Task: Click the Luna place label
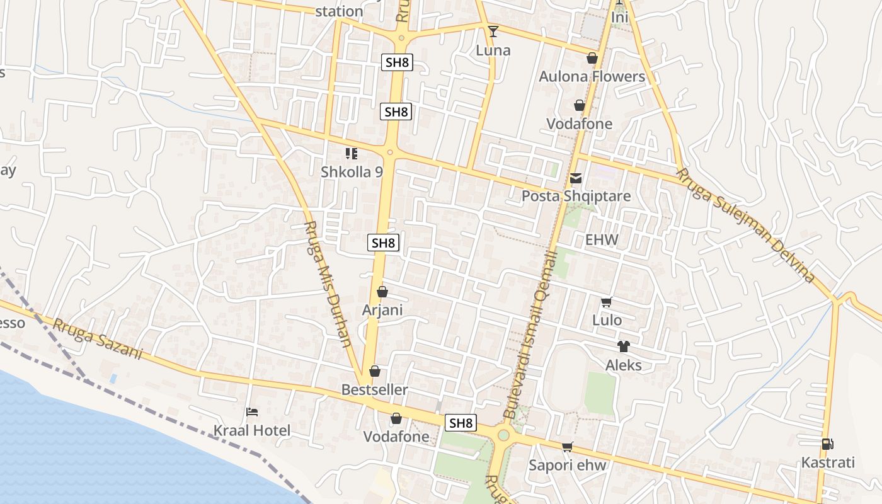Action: tap(493, 50)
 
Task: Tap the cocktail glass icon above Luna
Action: tap(493, 31)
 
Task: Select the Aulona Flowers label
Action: tap(592, 77)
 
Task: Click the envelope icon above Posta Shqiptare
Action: tap(576, 179)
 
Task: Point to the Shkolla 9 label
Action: tap(352, 172)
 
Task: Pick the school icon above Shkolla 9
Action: tap(352, 154)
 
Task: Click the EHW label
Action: tap(602, 240)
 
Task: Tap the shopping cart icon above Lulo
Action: tap(607, 302)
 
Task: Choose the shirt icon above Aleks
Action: tap(624, 346)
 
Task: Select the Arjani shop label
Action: tap(382, 311)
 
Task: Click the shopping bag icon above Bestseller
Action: tap(375, 372)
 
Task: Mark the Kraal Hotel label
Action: tap(252, 431)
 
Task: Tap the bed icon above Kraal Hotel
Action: tap(252, 413)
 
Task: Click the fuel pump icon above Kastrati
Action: tap(827, 444)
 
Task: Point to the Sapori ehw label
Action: tap(567, 466)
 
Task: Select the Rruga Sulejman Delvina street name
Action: tap(746, 225)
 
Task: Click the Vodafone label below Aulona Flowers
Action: tap(579, 124)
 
